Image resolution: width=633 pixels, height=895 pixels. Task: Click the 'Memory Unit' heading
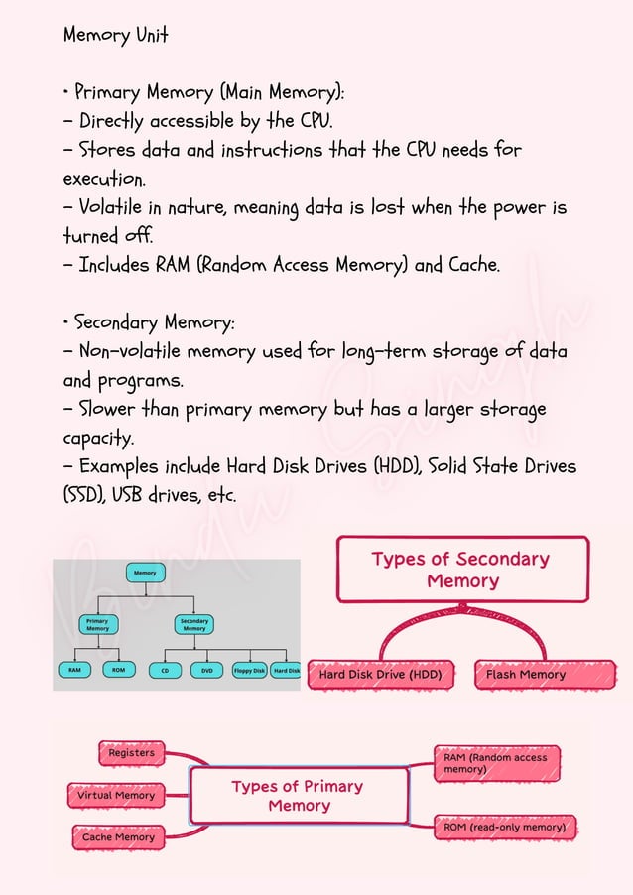(115, 35)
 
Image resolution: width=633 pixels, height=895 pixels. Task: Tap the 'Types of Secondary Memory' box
(461, 570)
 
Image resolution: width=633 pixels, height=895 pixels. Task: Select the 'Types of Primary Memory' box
(299, 796)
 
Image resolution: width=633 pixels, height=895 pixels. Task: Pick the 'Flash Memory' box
(526, 675)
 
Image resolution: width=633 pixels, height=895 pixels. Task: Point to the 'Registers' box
(131, 753)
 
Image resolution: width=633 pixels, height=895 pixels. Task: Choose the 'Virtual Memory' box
(116, 795)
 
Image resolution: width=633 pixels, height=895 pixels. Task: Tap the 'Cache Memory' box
(118, 837)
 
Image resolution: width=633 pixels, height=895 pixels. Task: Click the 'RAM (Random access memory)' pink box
(496, 763)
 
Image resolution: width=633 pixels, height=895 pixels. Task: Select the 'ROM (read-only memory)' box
(505, 827)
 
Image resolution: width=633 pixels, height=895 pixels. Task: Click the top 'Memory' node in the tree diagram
(145, 573)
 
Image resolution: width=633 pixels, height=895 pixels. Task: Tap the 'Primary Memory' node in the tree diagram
(98, 625)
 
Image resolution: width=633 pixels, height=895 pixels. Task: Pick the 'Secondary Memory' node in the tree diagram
(194, 625)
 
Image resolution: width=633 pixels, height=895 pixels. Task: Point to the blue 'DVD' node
(207, 670)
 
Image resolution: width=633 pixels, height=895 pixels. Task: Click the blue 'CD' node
(164, 670)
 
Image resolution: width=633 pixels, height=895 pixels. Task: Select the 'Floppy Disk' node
(249, 670)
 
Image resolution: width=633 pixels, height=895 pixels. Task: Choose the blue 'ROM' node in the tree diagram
(118, 670)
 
